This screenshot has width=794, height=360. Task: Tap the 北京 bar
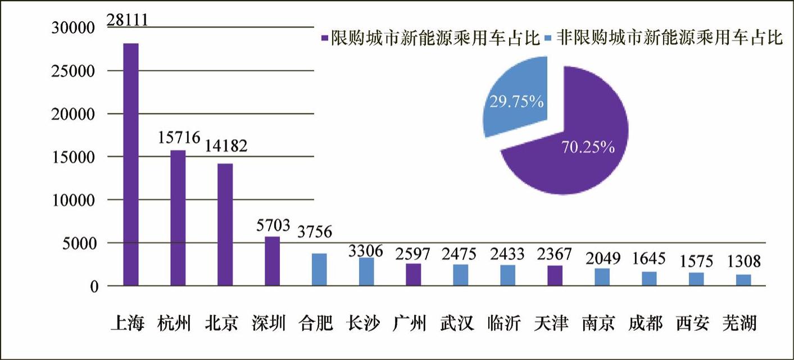(225, 225)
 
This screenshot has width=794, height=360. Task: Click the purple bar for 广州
(413, 275)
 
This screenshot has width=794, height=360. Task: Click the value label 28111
(128, 21)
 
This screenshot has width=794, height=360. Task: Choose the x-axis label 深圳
(269, 323)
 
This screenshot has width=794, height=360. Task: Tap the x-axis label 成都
(646, 323)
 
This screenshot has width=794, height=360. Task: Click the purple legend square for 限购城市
(324, 39)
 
